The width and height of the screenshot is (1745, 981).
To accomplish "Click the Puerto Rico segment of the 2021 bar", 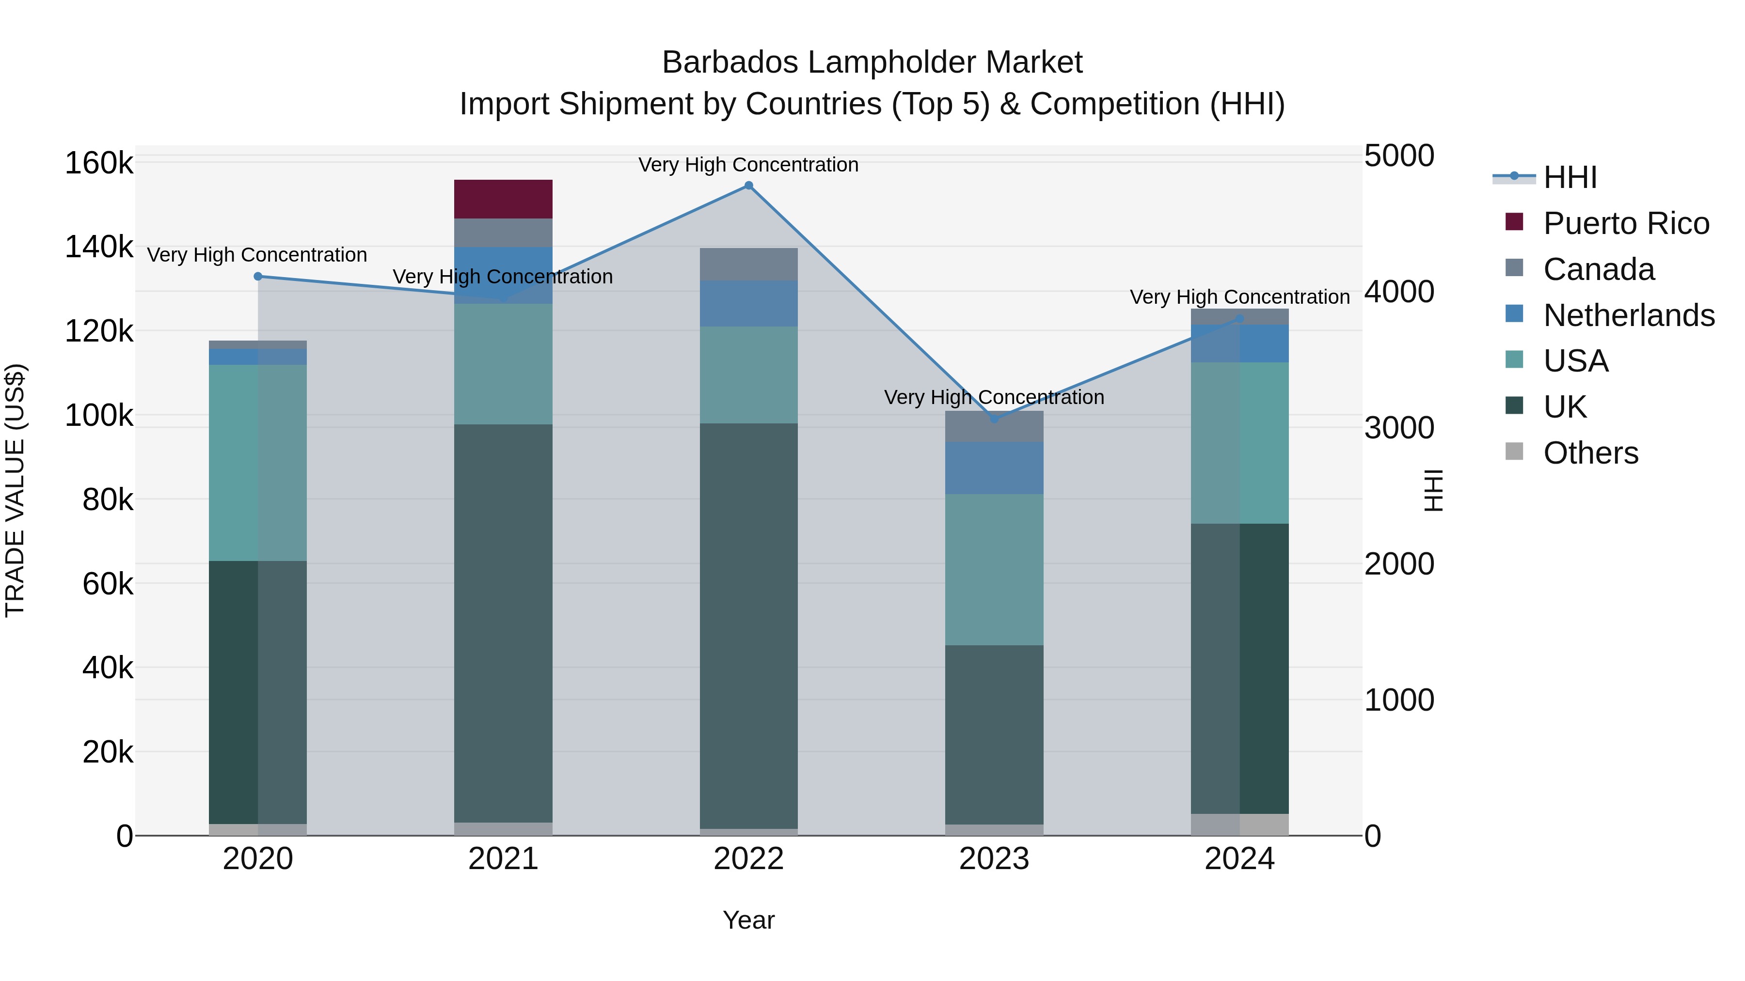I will pos(503,199).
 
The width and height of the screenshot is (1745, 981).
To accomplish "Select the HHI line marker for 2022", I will pos(748,186).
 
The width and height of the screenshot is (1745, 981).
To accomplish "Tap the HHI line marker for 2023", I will pos(995,419).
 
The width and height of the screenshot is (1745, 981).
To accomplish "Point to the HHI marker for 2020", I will pos(258,276).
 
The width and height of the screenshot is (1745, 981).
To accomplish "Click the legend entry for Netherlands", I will pos(1629,315).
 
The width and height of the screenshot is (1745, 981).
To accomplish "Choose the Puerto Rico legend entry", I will pos(1626,223).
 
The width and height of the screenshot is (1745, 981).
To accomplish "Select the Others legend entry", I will pos(1590,453).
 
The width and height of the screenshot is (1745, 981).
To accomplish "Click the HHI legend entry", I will pos(1570,177).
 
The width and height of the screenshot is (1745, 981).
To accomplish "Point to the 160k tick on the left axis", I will pos(99,163).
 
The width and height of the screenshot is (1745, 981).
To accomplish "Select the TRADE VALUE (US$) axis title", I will pos(15,490).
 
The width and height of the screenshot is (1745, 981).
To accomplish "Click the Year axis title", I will pos(748,920).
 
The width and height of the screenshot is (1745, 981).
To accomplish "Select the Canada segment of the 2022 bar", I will pos(748,264).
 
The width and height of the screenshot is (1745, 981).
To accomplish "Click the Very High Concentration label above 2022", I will pos(748,165).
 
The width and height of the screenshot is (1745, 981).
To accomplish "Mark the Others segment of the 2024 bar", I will pos(1239,824).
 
